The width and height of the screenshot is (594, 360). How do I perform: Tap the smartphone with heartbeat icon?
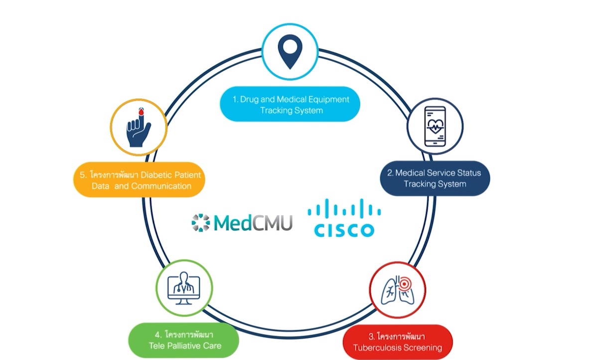tap(435, 126)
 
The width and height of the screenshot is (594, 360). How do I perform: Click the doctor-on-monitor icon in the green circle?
tap(184, 287)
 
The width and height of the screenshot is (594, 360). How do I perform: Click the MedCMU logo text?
tap(253, 223)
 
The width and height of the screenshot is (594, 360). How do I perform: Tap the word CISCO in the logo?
tap(344, 230)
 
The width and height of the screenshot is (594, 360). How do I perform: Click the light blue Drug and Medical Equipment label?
tap(291, 105)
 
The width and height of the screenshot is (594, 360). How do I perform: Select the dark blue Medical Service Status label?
tap(435, 178)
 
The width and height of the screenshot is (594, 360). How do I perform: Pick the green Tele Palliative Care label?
tap(184, 340)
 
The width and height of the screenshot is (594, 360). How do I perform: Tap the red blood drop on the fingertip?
tap(142, 113)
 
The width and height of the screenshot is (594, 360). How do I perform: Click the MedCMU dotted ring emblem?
tap(200, 223)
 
